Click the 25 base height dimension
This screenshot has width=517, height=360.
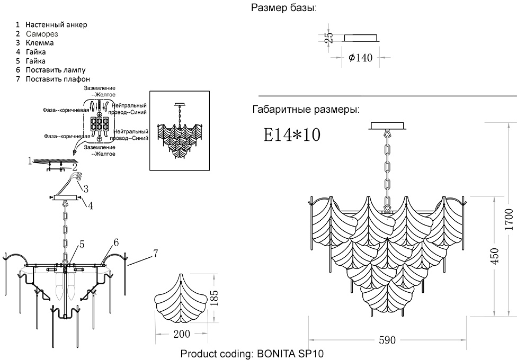pyautogui.click(x=329, y=37)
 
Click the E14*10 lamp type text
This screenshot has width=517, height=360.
pyautogui.click(x=292, y=134)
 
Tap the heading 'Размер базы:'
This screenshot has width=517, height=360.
pyautogui.click(x=284, y=8)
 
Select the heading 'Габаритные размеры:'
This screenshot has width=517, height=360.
pyautogui.click(x=306, y=110)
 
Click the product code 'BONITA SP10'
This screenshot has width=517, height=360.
pyautogui.click(x=290, y=354)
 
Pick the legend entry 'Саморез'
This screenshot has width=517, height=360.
pyautogui.click(x=42, y=33)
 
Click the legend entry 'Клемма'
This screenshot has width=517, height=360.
pyautogui.click(x=40, y=42)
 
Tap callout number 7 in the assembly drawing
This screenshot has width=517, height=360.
pyautogui.click(x=155, y=253)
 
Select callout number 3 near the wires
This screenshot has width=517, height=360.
pyautogui.click(x=85, y=187)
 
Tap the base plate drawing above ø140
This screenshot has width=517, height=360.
pyautogui.click(x=361, y=38)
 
